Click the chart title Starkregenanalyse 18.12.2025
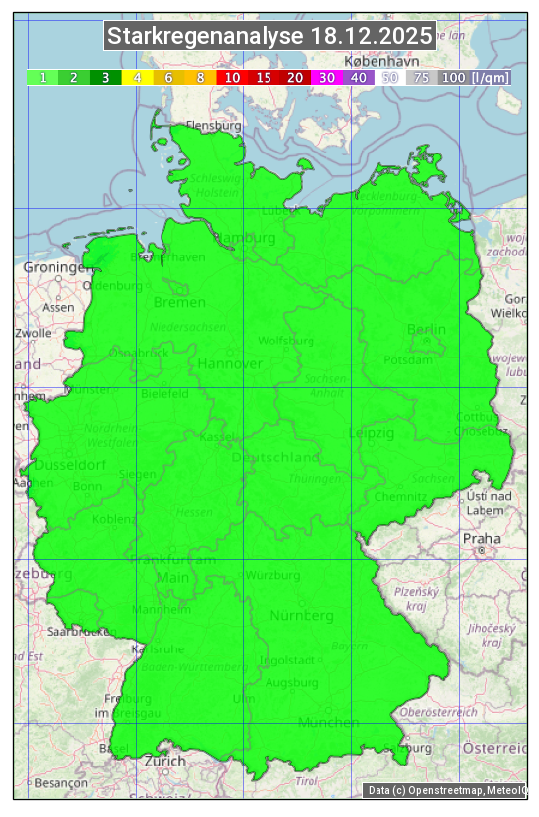point(269,37)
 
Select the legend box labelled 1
point(43,77)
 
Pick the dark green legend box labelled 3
point(105,77)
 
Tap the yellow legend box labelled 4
point(137,77)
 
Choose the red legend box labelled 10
point(232,77)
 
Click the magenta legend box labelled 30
point(326,77)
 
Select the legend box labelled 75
point(421,77)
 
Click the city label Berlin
point(426,329)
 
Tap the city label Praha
point(481,538)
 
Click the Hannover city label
point(230,363)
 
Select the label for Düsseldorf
point(69,464)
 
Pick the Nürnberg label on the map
point(301,616)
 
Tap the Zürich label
point(163,761)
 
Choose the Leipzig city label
point(372,433)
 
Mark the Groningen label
point(55,267)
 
